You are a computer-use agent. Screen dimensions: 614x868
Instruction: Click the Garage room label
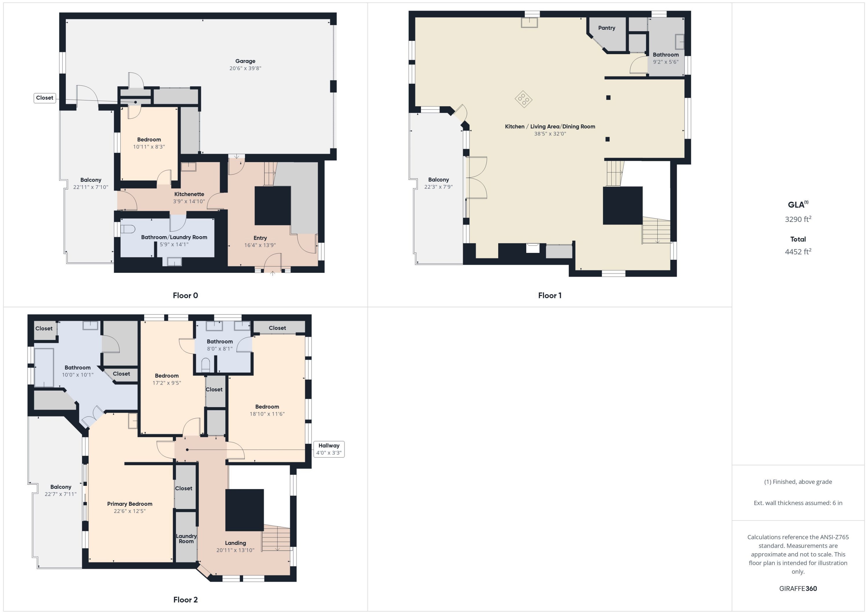click(245, 61)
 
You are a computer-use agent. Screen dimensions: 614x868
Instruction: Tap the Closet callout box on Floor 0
click(45, 98)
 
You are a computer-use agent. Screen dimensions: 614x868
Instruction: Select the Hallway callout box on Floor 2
click(328, 449)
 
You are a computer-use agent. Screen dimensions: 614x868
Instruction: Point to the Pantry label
click(606, 28)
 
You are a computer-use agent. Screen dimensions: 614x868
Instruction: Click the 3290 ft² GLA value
click(798, 219)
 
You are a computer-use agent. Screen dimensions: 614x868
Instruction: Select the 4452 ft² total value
click(798, 252)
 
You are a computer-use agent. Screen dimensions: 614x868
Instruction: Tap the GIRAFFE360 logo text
click(798, 589)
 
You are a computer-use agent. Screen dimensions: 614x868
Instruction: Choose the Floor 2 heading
click(185, 600)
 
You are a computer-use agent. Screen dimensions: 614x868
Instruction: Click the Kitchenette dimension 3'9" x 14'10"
click(189, 201)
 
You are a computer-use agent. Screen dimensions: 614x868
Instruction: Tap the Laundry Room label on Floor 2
click(186, 539)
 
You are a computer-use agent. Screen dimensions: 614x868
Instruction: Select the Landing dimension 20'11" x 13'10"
click(235, 550)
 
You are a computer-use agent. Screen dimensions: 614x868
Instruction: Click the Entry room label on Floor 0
click(260, 238)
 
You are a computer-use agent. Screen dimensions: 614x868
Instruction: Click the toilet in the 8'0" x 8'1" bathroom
click(205, 365)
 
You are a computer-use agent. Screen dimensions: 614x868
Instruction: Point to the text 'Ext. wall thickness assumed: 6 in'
click(798, 503)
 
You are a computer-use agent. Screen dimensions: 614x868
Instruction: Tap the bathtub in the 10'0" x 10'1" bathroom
click(44, 367)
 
